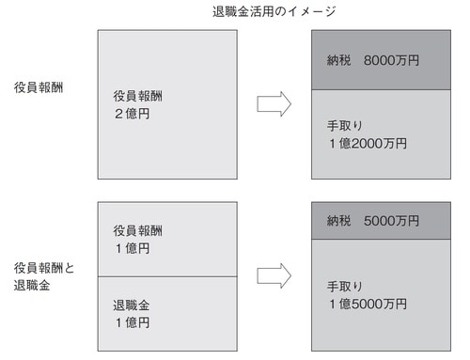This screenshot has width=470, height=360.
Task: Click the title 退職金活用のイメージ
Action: (274, 12)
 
